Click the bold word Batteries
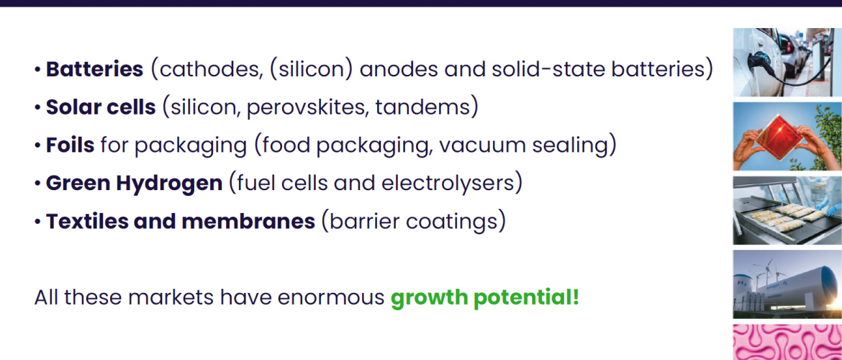94,70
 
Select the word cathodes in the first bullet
209,71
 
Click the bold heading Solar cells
101,108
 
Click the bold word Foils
71,145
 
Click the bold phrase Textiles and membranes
181,221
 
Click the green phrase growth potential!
485,297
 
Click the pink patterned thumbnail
787,342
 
